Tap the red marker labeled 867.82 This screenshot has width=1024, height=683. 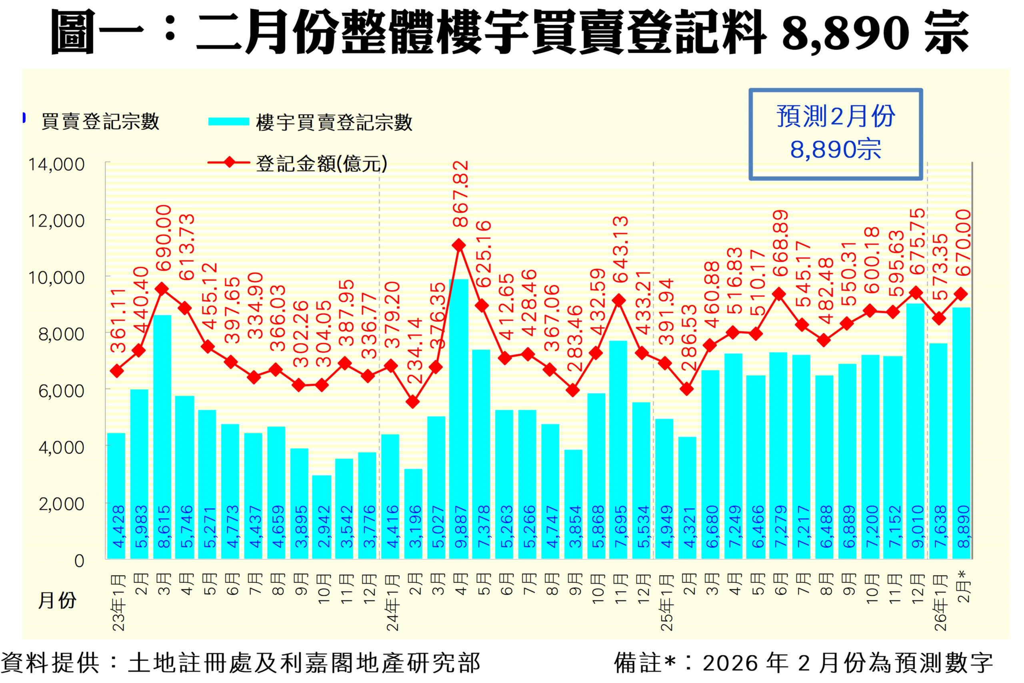point(458,245)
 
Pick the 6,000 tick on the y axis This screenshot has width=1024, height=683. point(61,391)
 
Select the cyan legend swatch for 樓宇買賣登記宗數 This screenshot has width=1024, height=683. point(228,121)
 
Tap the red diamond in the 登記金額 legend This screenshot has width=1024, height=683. point(228,163)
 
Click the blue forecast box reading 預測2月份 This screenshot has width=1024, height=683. point(835,134)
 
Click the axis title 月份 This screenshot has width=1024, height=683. point(57,600)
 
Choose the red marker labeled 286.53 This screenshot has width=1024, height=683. point(687,389)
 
